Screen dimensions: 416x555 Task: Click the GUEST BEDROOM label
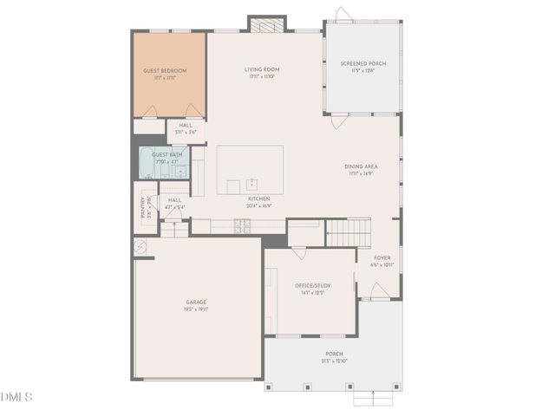tap(165, 71)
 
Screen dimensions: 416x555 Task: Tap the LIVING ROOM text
tap(259, 71)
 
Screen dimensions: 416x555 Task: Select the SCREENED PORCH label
tap(364, 63)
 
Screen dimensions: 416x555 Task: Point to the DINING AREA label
tap(360, 168)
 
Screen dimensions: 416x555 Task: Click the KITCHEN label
tap(259, 199)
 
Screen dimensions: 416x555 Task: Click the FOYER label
tap(382, 258)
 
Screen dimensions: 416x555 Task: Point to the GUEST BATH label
tap(166, 154)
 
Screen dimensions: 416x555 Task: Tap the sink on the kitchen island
tap(251, 184)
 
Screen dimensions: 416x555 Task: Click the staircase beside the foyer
tap(348, 232)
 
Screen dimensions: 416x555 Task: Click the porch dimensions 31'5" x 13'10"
tap(335, 361)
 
